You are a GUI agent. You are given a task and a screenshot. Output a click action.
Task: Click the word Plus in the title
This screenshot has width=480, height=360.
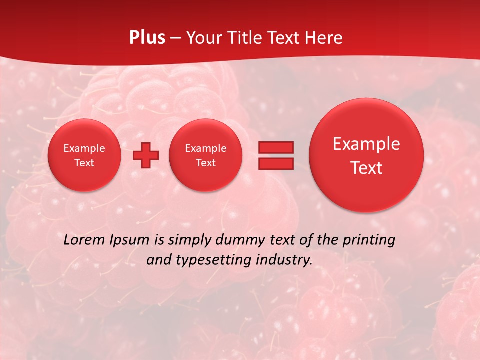coord(147,38)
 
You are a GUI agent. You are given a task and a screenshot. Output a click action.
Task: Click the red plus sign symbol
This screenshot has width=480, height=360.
coord(146,155)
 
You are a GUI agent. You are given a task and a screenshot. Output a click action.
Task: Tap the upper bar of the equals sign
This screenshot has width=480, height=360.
coord(276,147)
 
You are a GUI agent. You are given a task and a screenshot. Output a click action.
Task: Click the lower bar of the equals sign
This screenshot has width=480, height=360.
coord(276,164)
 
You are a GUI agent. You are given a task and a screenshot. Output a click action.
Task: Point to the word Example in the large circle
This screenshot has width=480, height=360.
coord(366,144)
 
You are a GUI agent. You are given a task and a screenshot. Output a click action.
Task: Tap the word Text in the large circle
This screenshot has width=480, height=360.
coord(366,168)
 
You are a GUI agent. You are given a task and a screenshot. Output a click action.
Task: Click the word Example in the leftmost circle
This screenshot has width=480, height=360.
coord(84,148)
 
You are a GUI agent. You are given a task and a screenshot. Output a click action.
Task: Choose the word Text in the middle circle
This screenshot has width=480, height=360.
coord(205,163)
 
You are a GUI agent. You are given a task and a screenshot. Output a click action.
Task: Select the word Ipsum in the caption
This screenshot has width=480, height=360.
coord(131,240)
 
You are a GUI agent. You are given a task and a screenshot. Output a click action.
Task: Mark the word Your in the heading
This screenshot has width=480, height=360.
coord(202,38)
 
